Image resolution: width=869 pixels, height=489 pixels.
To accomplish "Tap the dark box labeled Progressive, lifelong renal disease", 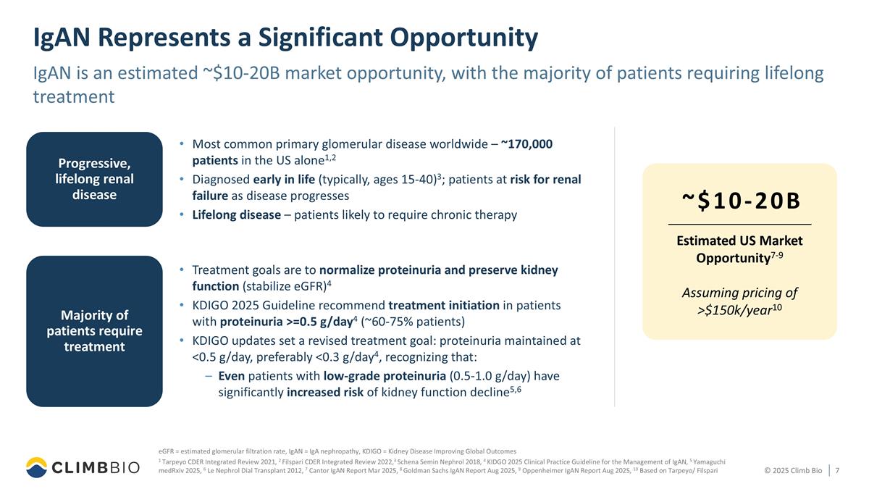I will pyautogui.click(x=94, y=179).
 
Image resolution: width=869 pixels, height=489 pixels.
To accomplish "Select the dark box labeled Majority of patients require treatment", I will pyautogui.click(x=94, y=331).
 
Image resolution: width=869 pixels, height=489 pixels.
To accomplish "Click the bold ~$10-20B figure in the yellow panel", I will pyautogui.click(x=739, y=201).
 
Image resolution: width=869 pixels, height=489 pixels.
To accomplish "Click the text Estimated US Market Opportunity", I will pyautogui.click(x=739, y=249).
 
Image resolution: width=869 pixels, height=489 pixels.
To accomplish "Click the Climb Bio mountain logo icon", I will pyautogui.click(x=38, y=467).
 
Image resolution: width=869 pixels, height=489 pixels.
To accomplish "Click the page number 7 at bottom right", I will pyautogui.click(x=837, y=471).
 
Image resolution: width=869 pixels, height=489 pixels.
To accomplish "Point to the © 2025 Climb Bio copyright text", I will pyautogui.click(x=793, y=471).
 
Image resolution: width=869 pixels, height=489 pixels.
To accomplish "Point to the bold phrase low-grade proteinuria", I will pyautogui.click(x=385, y=376).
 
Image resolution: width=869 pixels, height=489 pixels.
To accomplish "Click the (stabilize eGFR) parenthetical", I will pyautogui.click(x=283, y=286).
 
